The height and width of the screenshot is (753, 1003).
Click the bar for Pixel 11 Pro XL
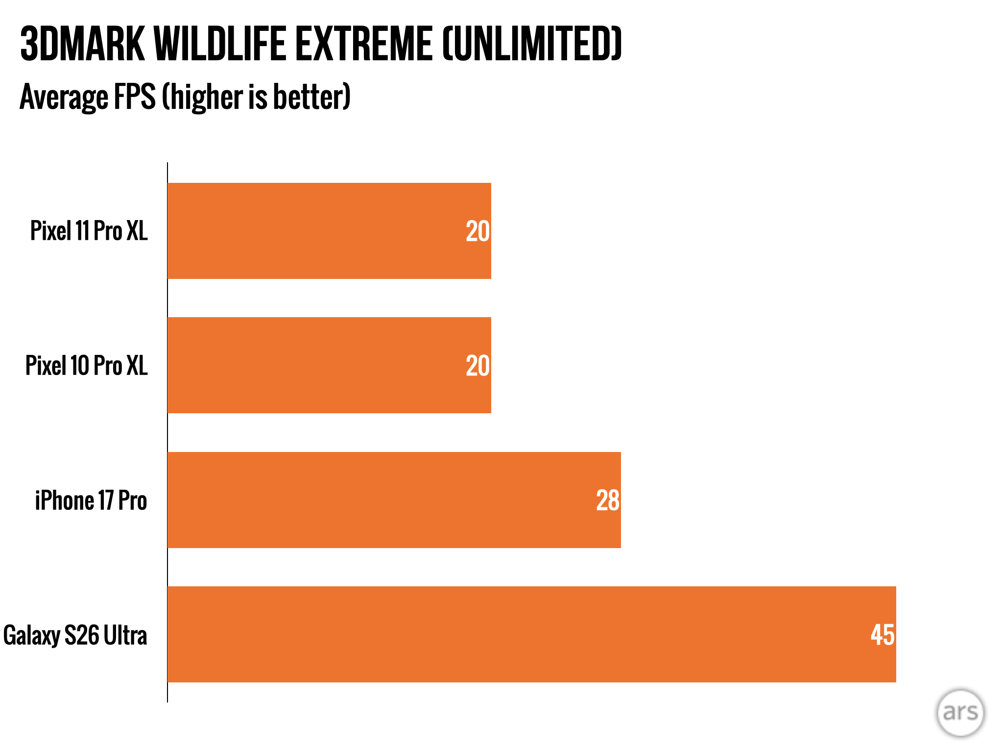[329, 231]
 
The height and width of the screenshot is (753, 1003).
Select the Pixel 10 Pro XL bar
[329, 365]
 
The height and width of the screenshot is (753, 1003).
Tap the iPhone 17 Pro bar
[394, 500]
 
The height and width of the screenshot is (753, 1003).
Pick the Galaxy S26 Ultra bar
[532, 634]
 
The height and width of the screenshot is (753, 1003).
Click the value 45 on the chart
[883, 635]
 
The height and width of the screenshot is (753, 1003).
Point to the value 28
[608, 501]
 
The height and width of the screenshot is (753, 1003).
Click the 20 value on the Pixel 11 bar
[478, 231]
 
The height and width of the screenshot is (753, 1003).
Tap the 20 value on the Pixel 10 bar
[478, 366]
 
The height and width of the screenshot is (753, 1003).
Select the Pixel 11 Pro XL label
[89, 230]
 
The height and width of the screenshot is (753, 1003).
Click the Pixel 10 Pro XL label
[86, 365]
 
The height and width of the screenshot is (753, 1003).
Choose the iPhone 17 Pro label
[91, 500]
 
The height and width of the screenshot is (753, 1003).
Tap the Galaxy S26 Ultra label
[75, 635]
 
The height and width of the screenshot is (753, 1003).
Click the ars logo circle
[960, 712]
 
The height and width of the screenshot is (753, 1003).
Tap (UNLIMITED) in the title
[532, 44]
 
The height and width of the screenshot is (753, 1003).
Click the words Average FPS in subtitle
[88, 97]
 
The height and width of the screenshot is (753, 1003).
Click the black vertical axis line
[167, 432]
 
